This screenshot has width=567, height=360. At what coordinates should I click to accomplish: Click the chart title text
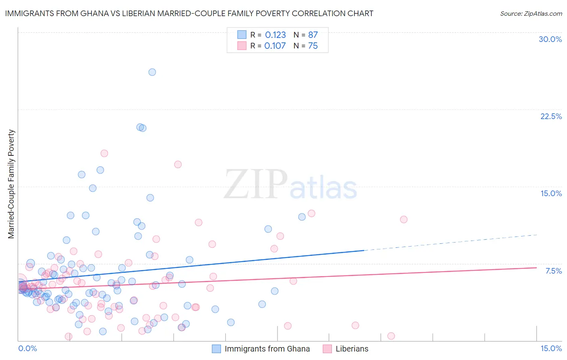coord(189,13)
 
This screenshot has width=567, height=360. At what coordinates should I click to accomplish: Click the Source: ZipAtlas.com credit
coord(531,13)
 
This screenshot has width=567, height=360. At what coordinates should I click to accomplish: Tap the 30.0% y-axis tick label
coord(550,39)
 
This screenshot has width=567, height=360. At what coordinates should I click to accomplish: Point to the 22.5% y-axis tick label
coord(551,116)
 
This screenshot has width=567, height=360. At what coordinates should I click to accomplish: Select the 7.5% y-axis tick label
coord(553,271)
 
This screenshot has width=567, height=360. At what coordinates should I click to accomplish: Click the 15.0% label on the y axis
coord(551,193)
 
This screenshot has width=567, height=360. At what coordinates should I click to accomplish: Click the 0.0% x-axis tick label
coord(27,348)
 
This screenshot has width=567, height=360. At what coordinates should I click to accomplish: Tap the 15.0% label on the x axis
coord(551,348)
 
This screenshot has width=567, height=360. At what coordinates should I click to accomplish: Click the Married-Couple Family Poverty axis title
coord(11,184)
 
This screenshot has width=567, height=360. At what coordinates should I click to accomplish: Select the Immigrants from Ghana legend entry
coord(267,349)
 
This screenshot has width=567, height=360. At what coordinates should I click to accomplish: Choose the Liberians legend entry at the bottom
coord(352,349)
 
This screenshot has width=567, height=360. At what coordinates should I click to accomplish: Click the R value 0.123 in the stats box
coord(275,35)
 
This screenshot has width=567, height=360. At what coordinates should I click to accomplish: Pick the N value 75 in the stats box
coord(313,46)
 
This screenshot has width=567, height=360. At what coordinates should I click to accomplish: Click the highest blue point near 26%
coord(152,72)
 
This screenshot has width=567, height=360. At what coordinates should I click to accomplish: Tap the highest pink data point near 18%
coord(104,153)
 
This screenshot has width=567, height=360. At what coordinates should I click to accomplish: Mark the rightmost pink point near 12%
coord(404,220)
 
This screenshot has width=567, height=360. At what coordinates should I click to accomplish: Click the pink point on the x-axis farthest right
coord(391,336)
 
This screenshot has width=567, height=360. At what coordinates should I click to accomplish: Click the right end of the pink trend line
coord(536,268)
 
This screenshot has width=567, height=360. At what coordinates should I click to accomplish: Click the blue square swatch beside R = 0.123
coord(242,35)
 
